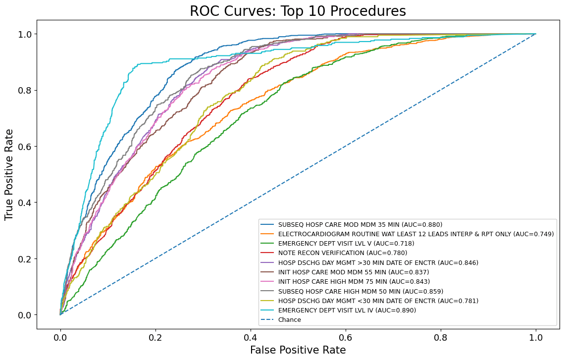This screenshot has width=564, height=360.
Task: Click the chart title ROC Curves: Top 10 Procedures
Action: [298, 11]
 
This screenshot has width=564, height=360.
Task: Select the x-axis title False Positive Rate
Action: [298, 350]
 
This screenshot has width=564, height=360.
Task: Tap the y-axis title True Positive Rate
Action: [8, 175]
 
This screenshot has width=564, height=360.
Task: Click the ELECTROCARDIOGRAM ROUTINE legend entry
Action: [416, 234]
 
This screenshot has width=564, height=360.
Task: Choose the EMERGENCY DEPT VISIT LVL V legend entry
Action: [346, 244]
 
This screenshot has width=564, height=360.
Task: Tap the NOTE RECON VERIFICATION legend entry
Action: [343, 253]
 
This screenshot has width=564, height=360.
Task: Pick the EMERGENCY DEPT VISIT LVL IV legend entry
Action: [347, 310]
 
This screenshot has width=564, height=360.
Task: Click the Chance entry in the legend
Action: [290, 320]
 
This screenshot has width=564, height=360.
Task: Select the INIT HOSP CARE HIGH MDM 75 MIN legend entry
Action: [354, 282]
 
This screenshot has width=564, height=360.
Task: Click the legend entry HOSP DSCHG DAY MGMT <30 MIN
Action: [378, 301]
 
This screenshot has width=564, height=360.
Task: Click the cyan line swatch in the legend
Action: [267, 310]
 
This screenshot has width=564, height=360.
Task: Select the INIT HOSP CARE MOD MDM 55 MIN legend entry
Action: [354, 272]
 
